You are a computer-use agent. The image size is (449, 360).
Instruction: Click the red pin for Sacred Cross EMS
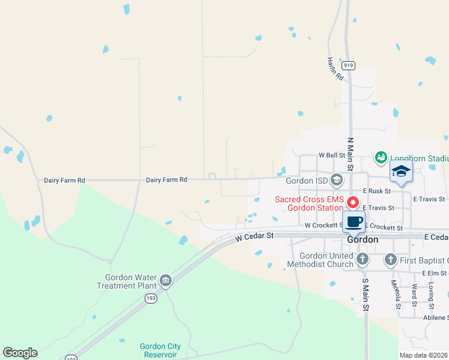(x=353, y=203)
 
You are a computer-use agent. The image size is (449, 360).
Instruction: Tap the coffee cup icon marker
(x=354, y=221)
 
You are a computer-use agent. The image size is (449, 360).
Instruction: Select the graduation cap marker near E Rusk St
(x=401, y=172)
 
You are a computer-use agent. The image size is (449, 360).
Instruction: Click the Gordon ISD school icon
(x=337, y=179)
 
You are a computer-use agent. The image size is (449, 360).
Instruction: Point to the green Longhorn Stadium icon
(x=380, y=158)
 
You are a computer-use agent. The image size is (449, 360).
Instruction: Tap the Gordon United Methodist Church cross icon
(x=362, y=259)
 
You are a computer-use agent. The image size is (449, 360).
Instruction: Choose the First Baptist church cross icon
(x=390, y=260)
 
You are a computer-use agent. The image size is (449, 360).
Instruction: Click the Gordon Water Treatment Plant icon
(x=165, y=280)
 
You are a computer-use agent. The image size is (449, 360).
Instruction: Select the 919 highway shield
(x=347, y=65)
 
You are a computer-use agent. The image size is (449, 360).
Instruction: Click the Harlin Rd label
(x=335, y=69)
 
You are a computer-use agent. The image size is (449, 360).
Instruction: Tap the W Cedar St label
(x=254, y=236)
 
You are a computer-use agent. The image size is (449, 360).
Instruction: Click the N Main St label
(x=350, y=152)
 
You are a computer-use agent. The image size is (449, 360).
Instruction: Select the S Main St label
(x=364, y=292)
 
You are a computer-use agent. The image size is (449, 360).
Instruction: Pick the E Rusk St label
(x=376, y=191)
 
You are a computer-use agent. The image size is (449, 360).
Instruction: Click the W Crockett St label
(x=323, y=226)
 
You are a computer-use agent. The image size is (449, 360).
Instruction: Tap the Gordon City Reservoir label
(x=160, y=350)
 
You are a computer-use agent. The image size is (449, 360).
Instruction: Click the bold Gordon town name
(x=363, y=239)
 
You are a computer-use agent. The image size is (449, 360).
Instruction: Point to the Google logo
(x=20, y=353)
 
